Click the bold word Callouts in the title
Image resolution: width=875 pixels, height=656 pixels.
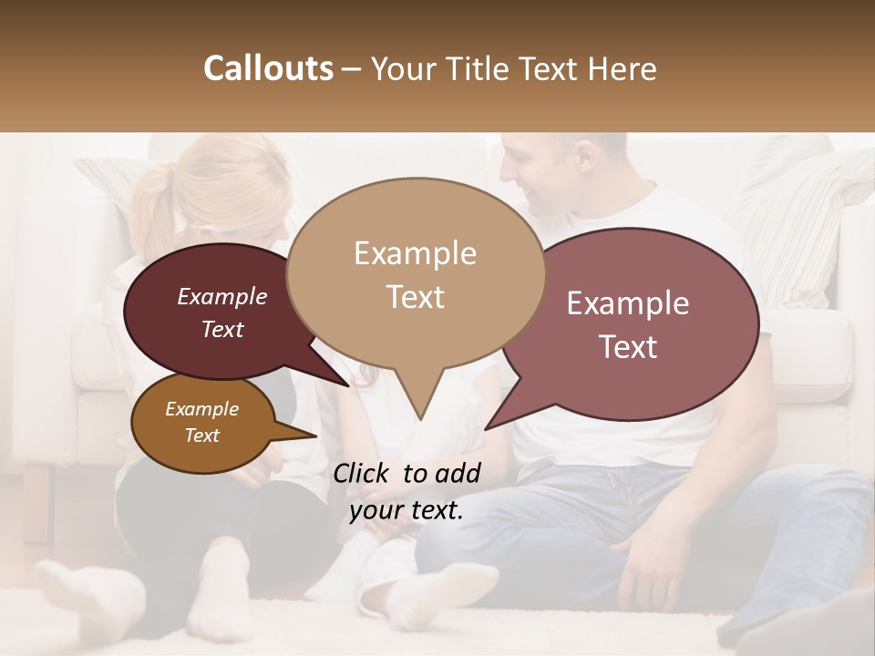(x=268, y=68)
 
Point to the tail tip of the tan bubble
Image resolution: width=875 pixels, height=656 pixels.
(x=420, y=420)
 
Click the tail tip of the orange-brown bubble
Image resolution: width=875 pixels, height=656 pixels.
(x=315, y=436)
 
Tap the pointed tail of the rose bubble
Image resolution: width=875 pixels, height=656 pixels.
(x=487, y=427)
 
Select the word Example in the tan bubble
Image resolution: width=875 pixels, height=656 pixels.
(x=415, y=253)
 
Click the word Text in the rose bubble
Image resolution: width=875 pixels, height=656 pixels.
(x=629, y=347)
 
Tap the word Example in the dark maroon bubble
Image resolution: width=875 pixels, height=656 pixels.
(x=222, y=296)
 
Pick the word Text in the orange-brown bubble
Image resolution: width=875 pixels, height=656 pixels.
(x=202, y=436)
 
